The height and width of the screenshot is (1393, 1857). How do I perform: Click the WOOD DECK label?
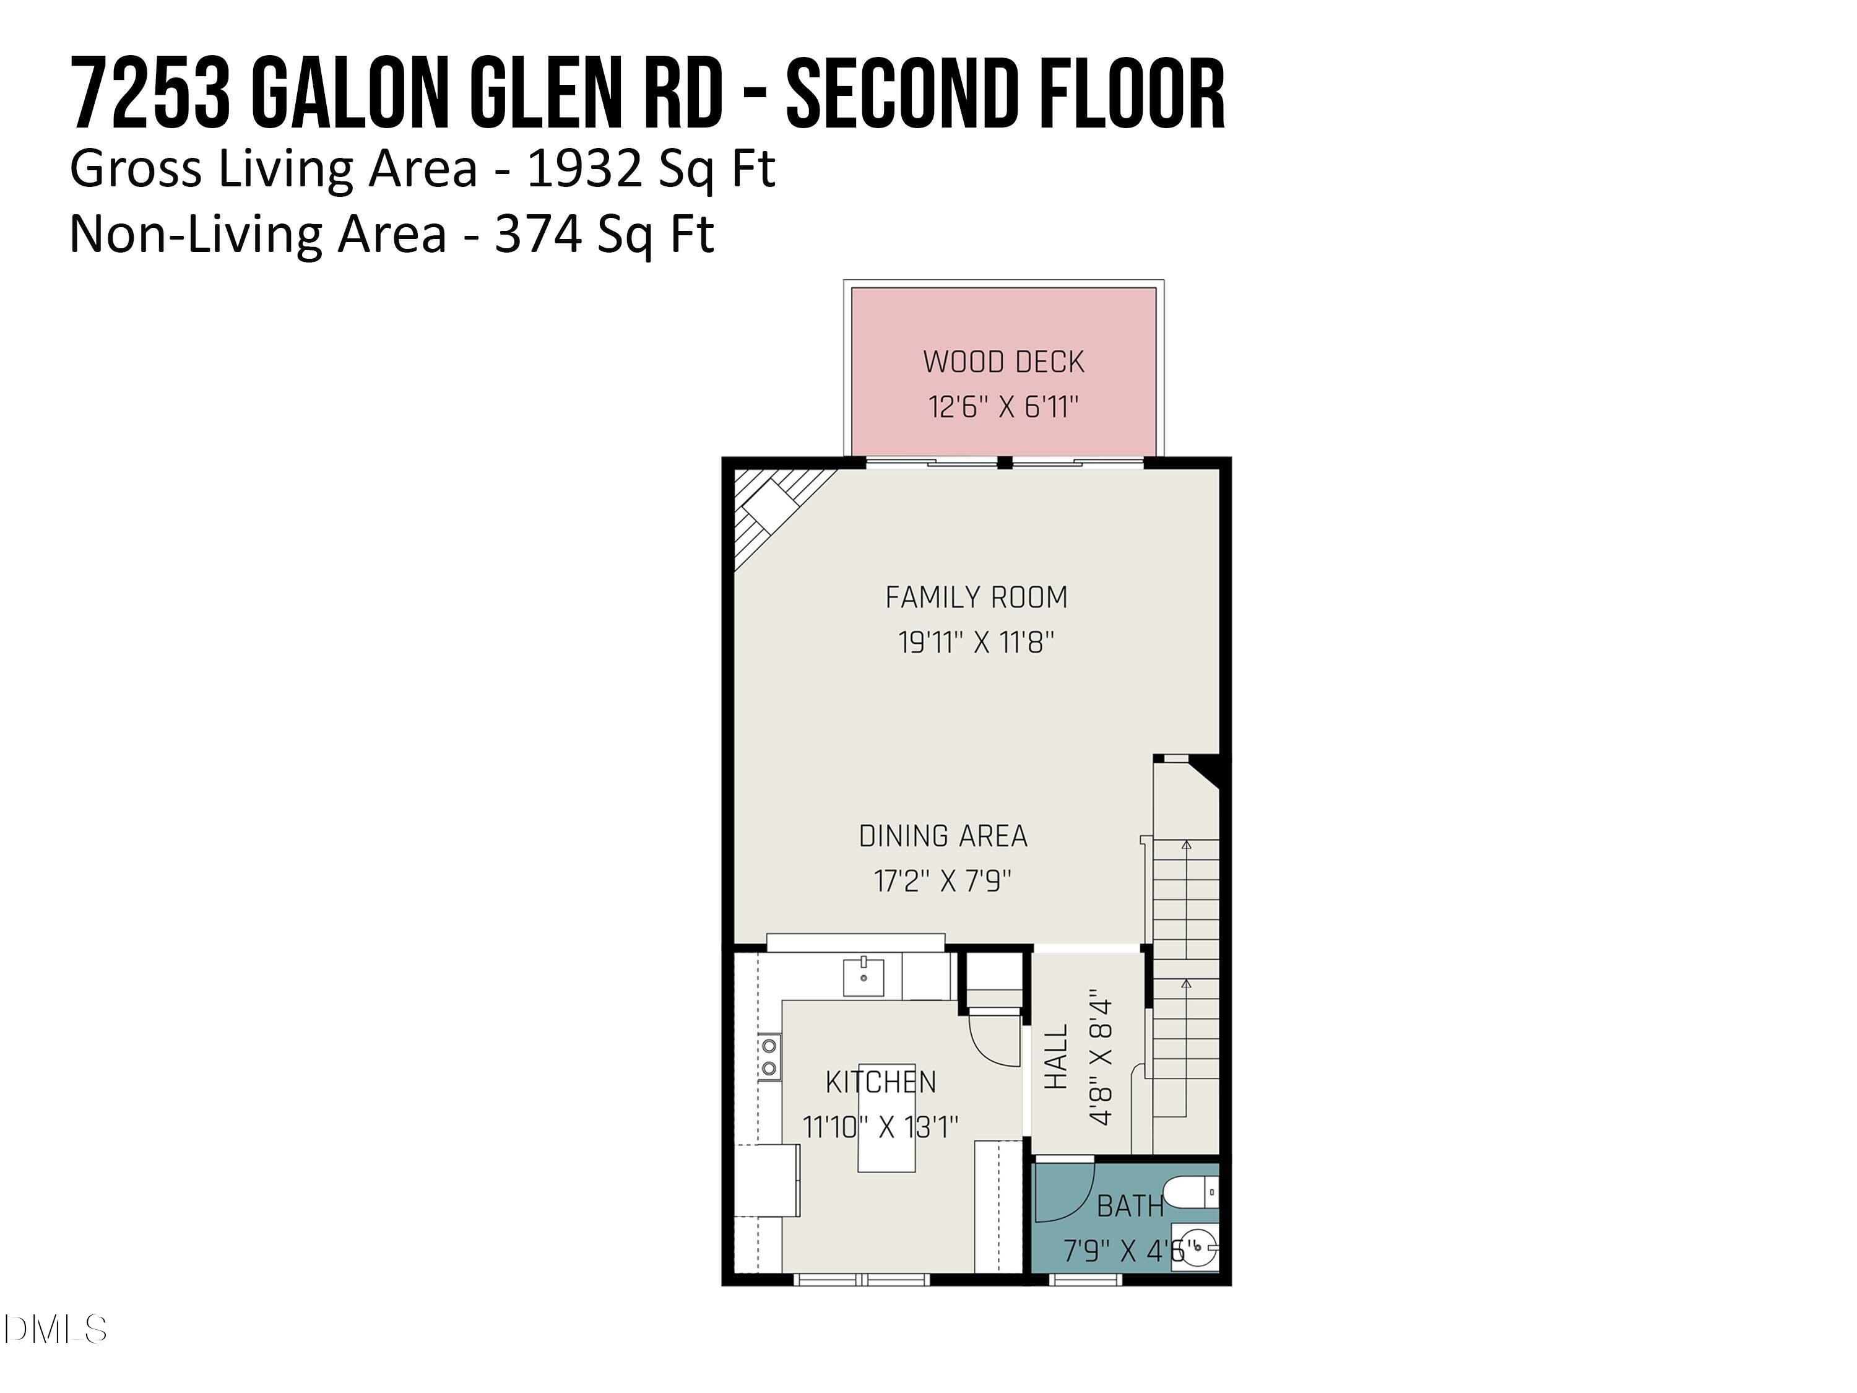(1003, 362)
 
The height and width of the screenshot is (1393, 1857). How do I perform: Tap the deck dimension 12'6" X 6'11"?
(1003, 407)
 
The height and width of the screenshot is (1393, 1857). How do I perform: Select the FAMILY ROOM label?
(976, 598)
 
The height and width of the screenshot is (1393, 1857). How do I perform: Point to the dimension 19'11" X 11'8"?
(976, 643)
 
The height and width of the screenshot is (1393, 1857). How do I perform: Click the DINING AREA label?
(943, 836)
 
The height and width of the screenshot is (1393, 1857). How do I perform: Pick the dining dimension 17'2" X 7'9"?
(943, 882)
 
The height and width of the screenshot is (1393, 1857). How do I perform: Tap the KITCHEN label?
(881, 1082)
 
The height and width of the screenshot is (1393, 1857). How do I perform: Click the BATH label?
(1130, 1207)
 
